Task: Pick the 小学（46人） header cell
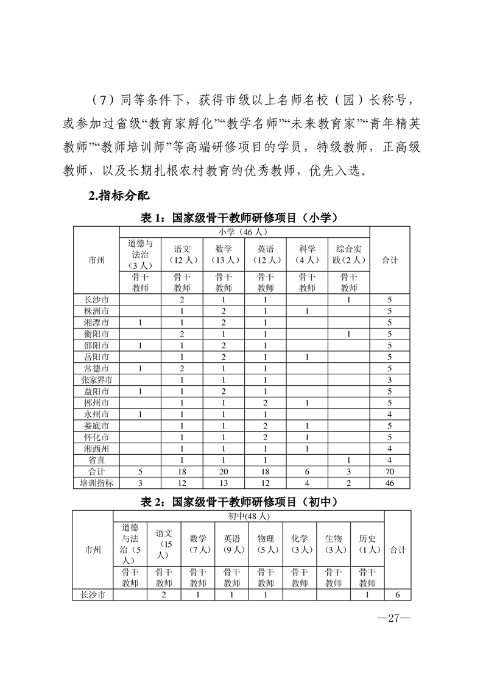click(x=245, y=232)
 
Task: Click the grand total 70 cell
click(x=390, y=471)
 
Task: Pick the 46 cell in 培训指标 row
click(x=390, y=483)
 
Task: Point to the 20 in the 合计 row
click(x=224, y=471)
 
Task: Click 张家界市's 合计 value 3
click(x=390, y=380)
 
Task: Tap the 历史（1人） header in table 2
click(x=367, y=544)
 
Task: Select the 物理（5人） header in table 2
click(x=266, y=544)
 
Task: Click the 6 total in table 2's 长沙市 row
click(x=397, y=595)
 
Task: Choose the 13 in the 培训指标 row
click(x=224, y=483)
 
